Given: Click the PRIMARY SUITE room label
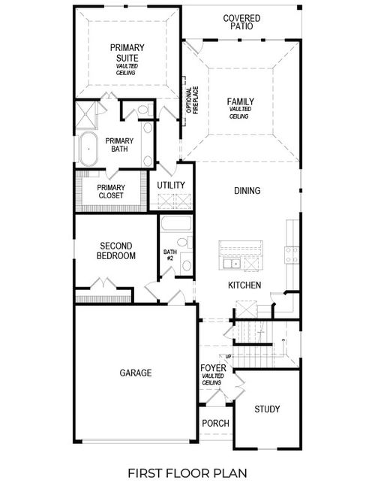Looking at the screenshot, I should pyautogui.click(x=127, y=53).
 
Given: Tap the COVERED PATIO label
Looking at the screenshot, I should pyautogui.click(x=242, y=22).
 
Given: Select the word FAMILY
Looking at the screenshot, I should pyautogui.click(x=240, y=102).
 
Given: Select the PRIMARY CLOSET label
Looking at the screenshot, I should pyautogui.click(x=111, y=193).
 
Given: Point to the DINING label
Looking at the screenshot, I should pyautogui.click(x=247, y=191).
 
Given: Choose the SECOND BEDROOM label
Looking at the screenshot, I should pyautogui.click(x=116, y=251).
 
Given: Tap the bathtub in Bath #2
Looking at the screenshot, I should pyautogui.click(x=175, y=225).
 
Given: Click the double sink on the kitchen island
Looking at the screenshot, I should pyautogui.click(x=230, y=264).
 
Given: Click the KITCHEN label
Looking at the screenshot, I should pyautogui.click(x=244, y=285).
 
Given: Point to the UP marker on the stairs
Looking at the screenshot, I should pyautogui.click(x=228, y=355).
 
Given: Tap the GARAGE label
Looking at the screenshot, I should pyautogui.click(x=136, y=373).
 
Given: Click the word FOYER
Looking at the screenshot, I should pyautogui.click(x=211, y=368).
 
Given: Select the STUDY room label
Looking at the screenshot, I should pyautogui.click(x=267, y=409).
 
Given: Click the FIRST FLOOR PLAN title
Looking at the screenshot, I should pyautogui.click(x=187, y=473).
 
